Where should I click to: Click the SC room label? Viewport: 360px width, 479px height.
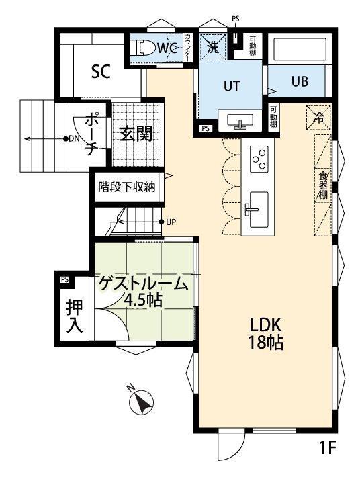point(101,71)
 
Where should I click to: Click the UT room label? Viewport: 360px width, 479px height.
point(231,86)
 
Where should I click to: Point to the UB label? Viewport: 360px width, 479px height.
point(300,81)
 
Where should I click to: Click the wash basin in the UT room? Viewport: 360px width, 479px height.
point(239,122)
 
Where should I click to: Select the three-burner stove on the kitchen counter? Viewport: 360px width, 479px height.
point(258,159)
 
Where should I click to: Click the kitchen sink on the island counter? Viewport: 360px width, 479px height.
point(257,206)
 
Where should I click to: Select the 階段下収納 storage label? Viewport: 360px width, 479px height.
point(126,187)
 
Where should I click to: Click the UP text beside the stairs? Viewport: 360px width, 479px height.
point(172,222)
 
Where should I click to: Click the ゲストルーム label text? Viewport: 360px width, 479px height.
point(144,284)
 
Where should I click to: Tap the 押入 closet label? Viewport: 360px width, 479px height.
point(75,316)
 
